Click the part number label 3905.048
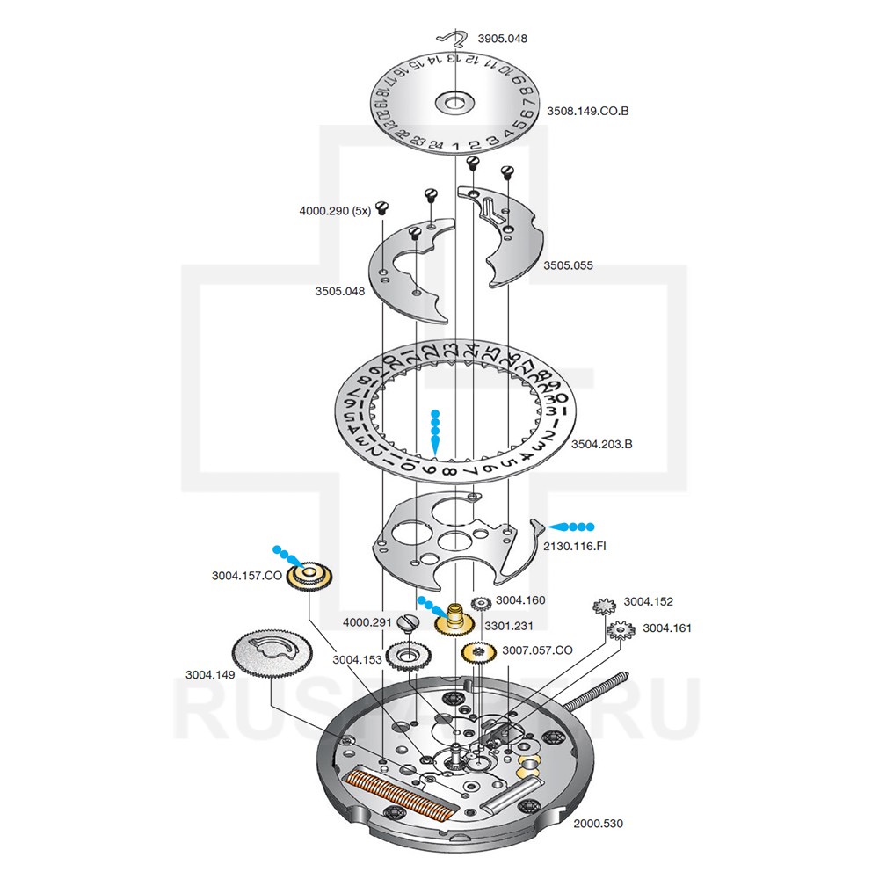[x=502, y=40]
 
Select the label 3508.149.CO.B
[x=588, y=112]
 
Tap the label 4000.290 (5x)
[x=334, y=211]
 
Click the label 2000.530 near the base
[x=598, y=824]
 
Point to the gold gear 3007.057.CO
[x=478, y=652]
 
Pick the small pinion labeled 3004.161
[x=621, y=629]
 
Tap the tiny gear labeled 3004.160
[x=481, y=604]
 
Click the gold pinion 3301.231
[x=456, y=620]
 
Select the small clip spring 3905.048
[x=453, y=37]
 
